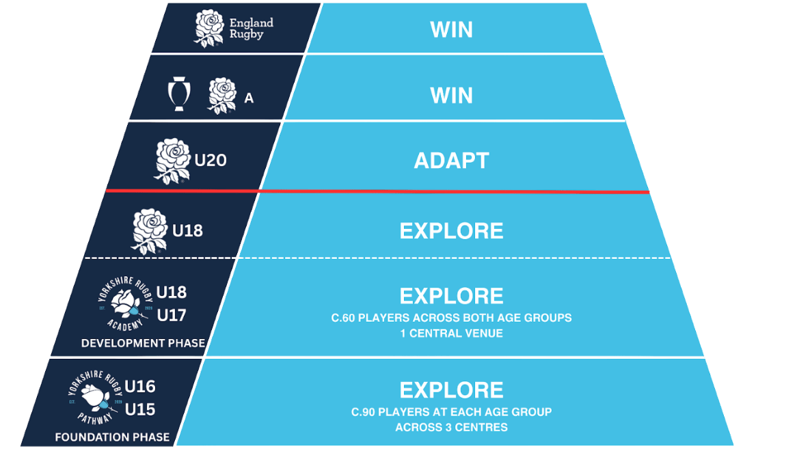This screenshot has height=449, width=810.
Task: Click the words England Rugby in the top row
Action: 251,28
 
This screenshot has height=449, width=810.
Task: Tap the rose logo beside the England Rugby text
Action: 209,28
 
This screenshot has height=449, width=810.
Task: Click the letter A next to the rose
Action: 249,98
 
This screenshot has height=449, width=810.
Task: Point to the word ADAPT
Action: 452,161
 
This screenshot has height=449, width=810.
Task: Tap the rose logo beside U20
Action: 172,161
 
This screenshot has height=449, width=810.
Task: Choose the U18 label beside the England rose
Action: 187,231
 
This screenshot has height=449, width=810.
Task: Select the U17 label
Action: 172,316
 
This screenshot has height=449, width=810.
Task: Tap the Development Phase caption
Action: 143,343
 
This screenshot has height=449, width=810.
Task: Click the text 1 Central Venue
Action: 452,334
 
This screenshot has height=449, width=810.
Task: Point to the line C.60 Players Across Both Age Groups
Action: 452,318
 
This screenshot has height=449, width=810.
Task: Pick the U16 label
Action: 140,387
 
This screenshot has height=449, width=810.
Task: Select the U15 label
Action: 140,410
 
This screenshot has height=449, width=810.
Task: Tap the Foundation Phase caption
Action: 112,437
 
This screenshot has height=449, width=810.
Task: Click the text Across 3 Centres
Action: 452,428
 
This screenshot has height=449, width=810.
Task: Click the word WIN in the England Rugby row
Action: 452,30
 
